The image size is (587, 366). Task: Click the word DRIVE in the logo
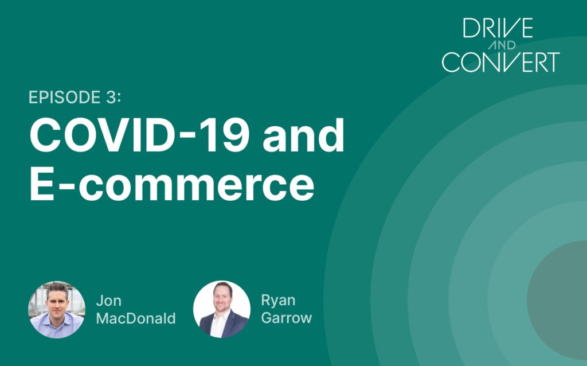pos(498,28)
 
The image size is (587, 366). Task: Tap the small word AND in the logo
pos(502,45)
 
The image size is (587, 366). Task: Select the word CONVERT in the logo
pos(500,62)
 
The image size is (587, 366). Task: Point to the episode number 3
pos(111,97)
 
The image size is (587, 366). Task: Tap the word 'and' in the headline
pos(303,135)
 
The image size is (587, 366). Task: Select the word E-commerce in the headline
pos(172,184)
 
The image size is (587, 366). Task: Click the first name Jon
pos(108,301)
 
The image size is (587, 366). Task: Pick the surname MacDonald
pos(136,318)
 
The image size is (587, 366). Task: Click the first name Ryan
pos(278,301)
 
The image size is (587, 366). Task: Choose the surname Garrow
pos(287,318)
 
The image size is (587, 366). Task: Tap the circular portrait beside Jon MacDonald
pos(57,310)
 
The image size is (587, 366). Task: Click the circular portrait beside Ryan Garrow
pos(222,309)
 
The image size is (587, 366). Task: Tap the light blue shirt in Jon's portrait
pos(56,325)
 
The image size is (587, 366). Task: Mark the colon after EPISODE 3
pos(119,98)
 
